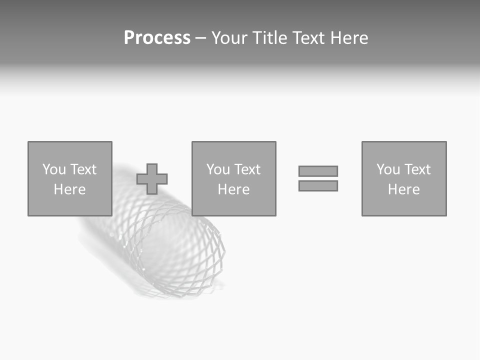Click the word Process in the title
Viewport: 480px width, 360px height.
(157, 38)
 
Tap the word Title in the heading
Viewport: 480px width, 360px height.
(268, 38)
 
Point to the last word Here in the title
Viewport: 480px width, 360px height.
(348, 38)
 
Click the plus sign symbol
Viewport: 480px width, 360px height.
(152, 179)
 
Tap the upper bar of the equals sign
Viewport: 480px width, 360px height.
(318, 171)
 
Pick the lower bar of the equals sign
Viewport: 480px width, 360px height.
(318, 185)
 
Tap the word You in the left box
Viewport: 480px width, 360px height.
(54, 169)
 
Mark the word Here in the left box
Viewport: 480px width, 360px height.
(69, 189)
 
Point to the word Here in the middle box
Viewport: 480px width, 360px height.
(233, 189)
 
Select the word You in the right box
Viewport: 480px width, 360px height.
(388, 169)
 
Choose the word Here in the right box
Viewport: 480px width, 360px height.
(403, 189)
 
